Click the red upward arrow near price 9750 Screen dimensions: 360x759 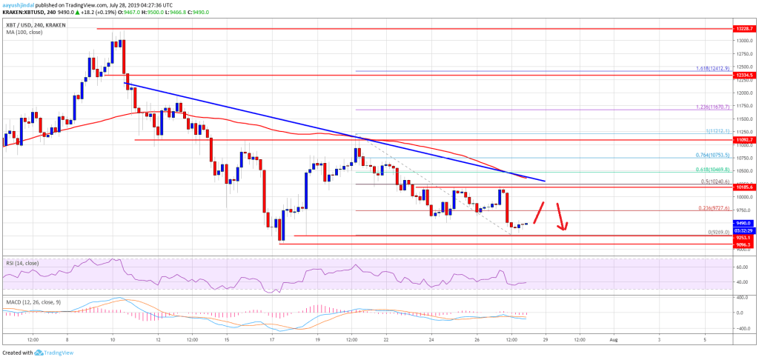pos(540,212)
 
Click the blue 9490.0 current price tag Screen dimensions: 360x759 pos(743,222)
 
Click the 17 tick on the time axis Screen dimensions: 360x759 pos(273,339)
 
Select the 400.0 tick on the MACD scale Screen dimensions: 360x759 pos(740,298)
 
